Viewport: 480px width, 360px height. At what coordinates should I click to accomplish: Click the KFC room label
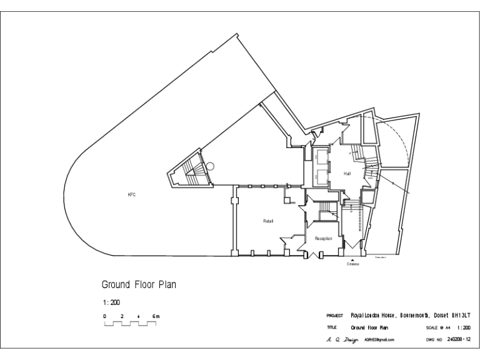coord(131,195)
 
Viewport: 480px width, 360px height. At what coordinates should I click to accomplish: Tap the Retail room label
coord(268,221)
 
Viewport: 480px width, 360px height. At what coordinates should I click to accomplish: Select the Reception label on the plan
coord(323,238)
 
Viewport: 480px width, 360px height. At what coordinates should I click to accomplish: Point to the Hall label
coord(347,173)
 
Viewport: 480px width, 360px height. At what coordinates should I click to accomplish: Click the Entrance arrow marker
coord(353,259)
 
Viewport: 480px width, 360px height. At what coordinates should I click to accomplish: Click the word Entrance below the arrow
coord(353,264)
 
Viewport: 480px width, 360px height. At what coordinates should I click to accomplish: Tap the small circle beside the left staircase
coord(211,166)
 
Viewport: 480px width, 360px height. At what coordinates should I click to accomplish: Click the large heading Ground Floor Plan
coord(139,284)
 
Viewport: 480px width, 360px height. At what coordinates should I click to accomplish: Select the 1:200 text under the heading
coord(111,301)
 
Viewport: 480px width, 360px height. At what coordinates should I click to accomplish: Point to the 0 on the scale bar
coord(105,317)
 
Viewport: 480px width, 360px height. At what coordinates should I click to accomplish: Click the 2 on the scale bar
coord(122,317)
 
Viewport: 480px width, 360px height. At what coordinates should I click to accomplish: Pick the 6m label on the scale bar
coord(156,317)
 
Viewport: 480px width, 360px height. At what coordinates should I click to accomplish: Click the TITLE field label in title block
coord(332,327)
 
